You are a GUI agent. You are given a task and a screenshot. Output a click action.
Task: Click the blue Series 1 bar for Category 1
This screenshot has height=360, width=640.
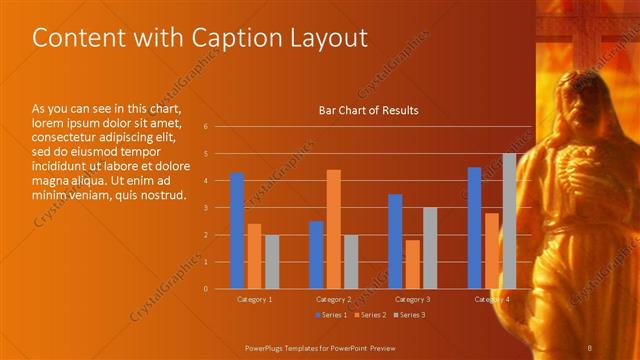[x=237, y=230]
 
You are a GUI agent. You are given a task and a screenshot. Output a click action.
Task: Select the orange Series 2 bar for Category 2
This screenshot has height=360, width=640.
[x=334, y=229]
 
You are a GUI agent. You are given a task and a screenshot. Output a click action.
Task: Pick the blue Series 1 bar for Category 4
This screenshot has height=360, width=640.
[x=474, y=228]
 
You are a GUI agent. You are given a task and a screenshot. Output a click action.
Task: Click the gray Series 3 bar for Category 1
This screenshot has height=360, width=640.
[x=272, y=261]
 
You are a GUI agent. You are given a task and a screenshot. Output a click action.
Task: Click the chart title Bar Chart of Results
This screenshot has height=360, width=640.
[x=368, y=110]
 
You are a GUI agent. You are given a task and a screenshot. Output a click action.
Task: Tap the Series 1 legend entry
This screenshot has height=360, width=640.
[x=331, y=315]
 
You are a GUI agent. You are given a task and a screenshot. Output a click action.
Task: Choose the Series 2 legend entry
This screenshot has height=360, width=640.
[x=370, y=315]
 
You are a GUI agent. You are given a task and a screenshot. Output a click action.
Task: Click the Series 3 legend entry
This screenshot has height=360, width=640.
[x=409, y=315]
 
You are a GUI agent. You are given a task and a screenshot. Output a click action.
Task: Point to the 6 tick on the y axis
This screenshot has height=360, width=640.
[x=204, y=127]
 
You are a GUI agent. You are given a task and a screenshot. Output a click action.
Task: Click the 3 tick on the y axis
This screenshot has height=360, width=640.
[x=204, y=208]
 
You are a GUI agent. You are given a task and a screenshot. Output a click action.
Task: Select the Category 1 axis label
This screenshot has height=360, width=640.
[x=254, y=299]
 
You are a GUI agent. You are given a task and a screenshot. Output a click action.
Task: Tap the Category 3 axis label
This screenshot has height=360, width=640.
[x=412, y=299]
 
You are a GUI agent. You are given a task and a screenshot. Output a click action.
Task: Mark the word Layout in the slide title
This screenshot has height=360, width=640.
[x=330, y=37]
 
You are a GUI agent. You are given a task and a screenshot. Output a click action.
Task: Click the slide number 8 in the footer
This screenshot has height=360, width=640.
[x=591, y=346]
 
